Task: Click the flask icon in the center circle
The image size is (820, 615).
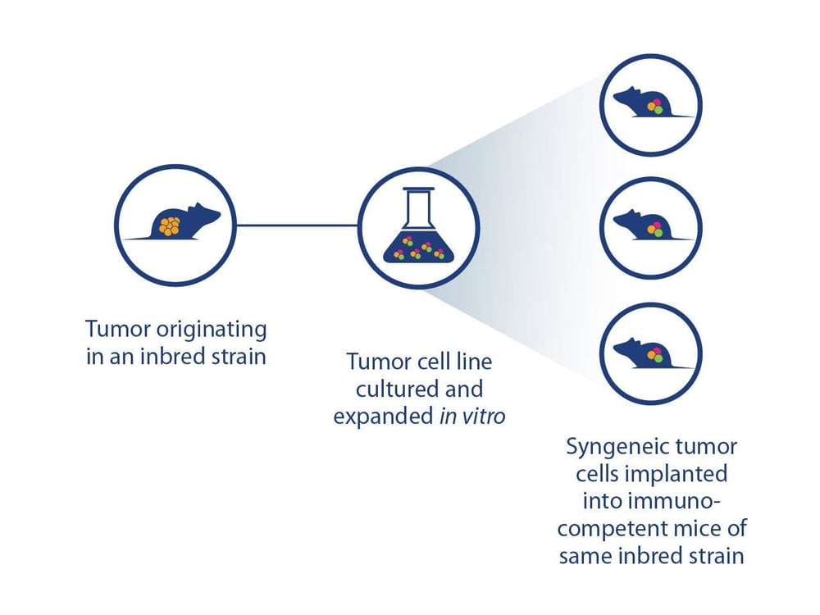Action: (418, 231)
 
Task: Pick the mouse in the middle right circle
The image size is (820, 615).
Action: (644, 224)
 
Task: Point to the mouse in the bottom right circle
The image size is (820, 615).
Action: (644, 353)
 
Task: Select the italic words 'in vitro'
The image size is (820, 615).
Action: (471, 417)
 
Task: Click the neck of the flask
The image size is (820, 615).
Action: (418, 205)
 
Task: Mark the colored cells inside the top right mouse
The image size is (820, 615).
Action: (654, 106)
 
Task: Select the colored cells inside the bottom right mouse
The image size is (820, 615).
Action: (654, 355)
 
